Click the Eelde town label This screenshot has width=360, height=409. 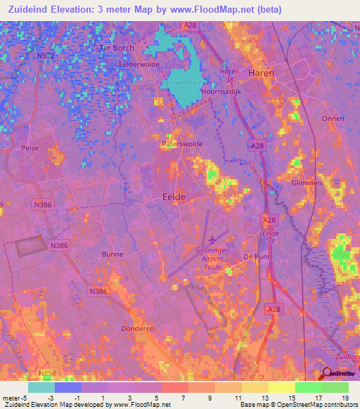tap(174, 197)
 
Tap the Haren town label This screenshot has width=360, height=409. tap(260, 72)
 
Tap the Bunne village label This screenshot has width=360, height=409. tap(112, 254)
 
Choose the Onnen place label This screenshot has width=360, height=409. tap(333, 119)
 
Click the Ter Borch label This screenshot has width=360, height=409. tap(117, 48)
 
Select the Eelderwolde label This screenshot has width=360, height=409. tap(137, 63)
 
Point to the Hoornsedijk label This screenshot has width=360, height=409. tap(221, 91)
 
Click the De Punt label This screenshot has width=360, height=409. tap(257, 257)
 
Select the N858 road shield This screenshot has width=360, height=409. tap(48, 373)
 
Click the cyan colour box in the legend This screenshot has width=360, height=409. tap(41, 387)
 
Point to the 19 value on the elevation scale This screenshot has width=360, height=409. tap(345, 398)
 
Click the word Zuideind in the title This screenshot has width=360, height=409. tap(34, 10)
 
